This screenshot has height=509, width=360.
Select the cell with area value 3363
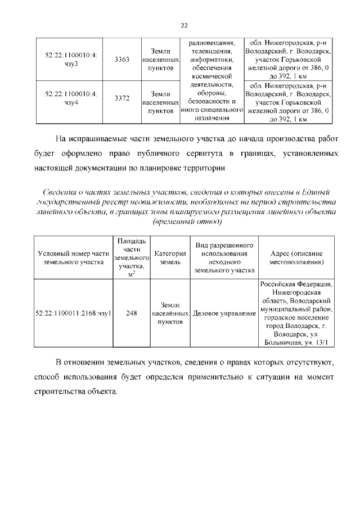[122, 60]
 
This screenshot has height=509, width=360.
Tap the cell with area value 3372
[122, 98]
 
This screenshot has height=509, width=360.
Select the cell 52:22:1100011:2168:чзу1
[73, 313]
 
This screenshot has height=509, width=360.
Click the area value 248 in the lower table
[132, 313]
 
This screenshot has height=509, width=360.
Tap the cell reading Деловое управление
[224, 313]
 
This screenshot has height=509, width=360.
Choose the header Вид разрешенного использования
[224, 253]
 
